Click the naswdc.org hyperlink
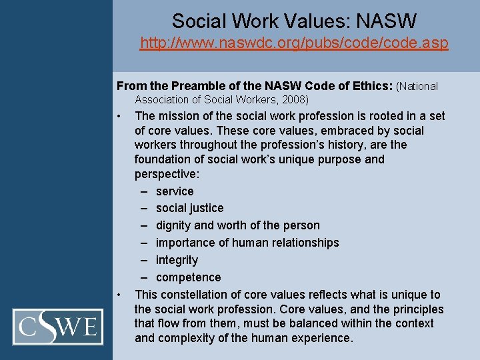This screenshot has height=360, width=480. [x=293, y=44]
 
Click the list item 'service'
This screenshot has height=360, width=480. [x=175, y=191]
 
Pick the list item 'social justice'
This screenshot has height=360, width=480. [x=189, y=208]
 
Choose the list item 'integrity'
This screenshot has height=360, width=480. [x=177, y=260]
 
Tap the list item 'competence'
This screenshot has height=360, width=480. [x=188, y=277]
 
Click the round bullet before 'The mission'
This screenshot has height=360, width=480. [x=118, y=117]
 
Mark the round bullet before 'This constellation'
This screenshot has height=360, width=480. [x=118, y=295]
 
